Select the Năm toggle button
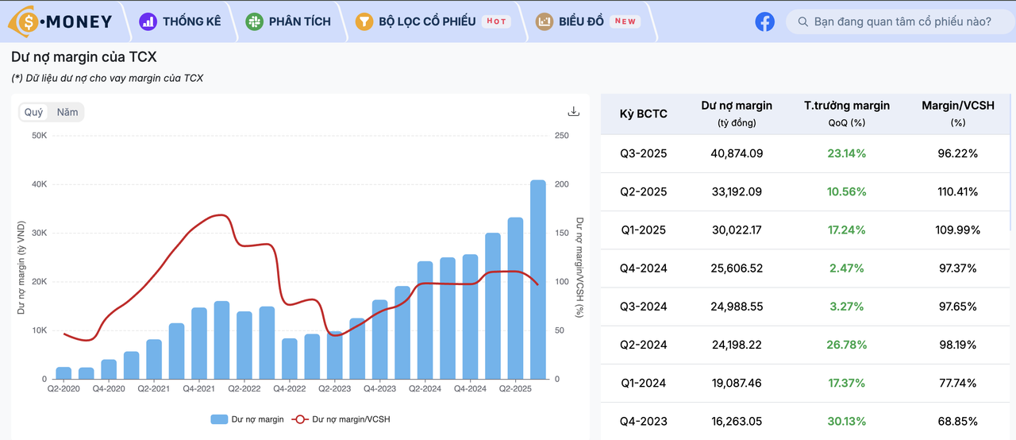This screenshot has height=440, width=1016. [x=67, y=112]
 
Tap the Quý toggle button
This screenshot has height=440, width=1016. [x=34, y=112]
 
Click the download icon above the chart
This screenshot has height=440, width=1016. [x=574, y=112]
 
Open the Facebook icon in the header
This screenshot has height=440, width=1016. [x=764, y=21]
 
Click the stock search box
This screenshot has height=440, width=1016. [x=902, y=21]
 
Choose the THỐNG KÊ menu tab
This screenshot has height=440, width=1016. [x=180, y=21]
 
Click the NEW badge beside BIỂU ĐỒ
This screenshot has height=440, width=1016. [x=625, y=21]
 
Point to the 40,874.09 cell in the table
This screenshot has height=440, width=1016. [x=737, y=153]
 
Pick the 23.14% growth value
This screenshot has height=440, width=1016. [x=846, y=153]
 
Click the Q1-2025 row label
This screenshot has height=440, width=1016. [x=644, y=230]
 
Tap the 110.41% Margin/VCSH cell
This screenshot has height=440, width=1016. [x=957, y=191]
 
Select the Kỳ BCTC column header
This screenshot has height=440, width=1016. [x=644, y=114]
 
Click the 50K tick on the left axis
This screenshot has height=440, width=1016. [x=39, y=136]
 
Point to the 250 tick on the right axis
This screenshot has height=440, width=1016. [x=562, y=136]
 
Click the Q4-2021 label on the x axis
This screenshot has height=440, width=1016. [x=199, y=389]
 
